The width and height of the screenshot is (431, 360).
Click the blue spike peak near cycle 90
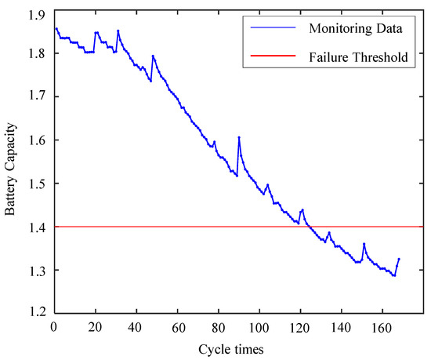point(239,137)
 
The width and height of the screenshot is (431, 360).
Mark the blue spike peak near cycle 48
point(153,56)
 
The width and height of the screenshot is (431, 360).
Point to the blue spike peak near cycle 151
point(364,244)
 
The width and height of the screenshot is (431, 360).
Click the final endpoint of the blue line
point(399,258)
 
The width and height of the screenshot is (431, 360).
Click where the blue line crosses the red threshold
point(307,227)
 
